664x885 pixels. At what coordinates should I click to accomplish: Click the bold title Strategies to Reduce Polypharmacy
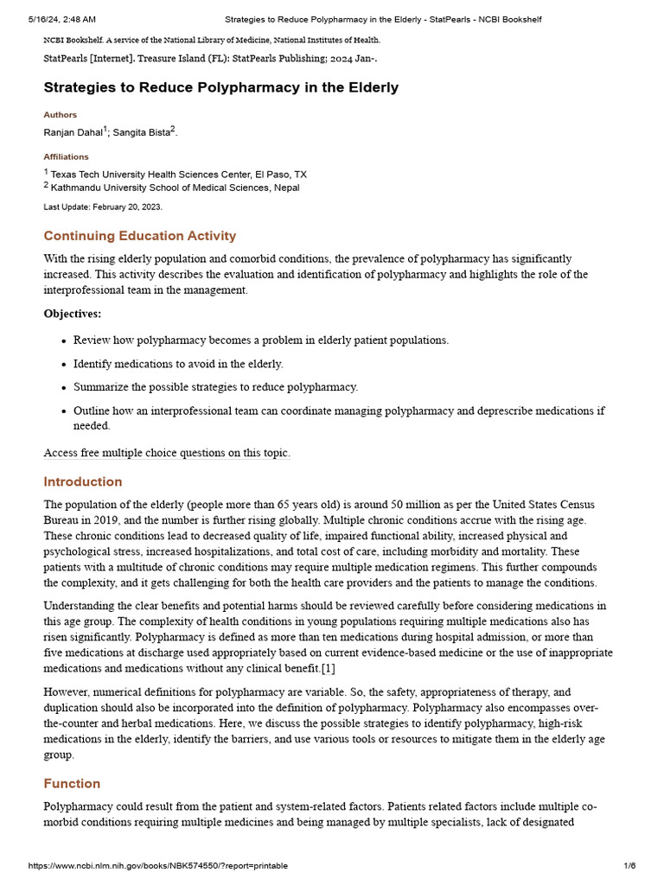coord(220,87)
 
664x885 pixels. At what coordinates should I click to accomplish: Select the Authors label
coord(60,115)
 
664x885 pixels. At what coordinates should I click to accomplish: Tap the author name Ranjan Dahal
coord(73,132)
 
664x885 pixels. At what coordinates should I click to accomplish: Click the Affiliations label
coord(66,157)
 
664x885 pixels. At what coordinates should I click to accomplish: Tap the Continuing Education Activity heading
coord(139,236)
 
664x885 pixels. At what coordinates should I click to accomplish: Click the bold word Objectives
coord(72,314)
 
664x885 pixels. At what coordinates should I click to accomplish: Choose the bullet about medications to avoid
coord(178,364)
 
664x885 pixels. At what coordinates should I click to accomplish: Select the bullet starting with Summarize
coord(215,387)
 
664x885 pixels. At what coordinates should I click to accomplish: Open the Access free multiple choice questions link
coord(167,453)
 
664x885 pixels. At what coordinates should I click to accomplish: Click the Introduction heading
coord(83,481)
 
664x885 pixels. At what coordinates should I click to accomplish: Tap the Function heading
coord(72,784)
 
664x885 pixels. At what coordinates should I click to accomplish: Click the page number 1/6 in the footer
coord(629,866)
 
